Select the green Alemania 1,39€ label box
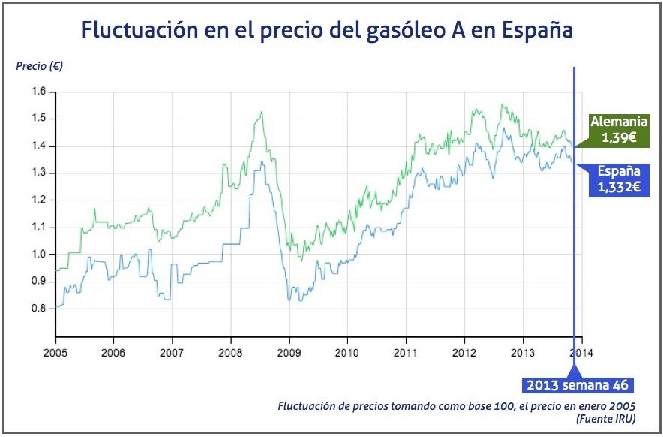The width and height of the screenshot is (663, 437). pyautogui.click(x=618, y=130)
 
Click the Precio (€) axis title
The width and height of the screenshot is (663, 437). pyautogui.click(x=40, y=66)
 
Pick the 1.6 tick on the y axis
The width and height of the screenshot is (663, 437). pyautogui.click(x=39, y=92)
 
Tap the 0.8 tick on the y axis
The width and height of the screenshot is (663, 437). pyautogui.click(x=39, y=308)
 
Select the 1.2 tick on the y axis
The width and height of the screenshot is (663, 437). pyautogui.click(x=39, y=200)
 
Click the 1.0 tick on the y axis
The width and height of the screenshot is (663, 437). pyautogui.click(x=39, y=254)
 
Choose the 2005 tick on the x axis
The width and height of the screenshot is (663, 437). pyautogui.click(x=55, y=351)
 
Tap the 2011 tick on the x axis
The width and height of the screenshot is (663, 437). pyautogui.click(x=406, y=351)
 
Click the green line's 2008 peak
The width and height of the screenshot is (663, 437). pyautogui.click(x=261, y=112)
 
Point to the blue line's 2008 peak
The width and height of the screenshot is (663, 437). pyautogui.click(x=262, y=161)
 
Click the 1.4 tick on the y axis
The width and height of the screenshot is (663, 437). pyautogui.click(x=39, y=146)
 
